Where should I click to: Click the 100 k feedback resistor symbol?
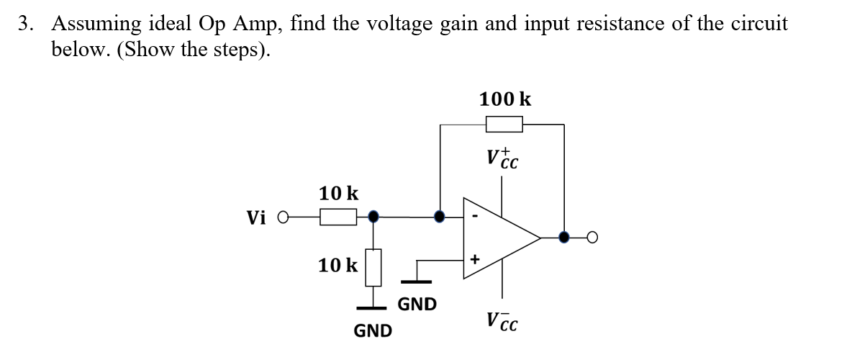coord(504,125)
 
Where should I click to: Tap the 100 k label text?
coord(505,99)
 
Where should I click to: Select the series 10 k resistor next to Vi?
coord(337,216)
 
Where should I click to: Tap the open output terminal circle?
coord(592,236)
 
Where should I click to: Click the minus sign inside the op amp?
coord(475,215)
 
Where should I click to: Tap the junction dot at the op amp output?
coord(564,236)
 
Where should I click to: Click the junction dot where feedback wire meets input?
coord(440,215)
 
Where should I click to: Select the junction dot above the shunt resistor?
coord(373,215)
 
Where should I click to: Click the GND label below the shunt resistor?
coord(373,331)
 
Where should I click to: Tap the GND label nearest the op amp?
coord(417,305)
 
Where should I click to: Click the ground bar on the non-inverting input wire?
coord(413,282)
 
